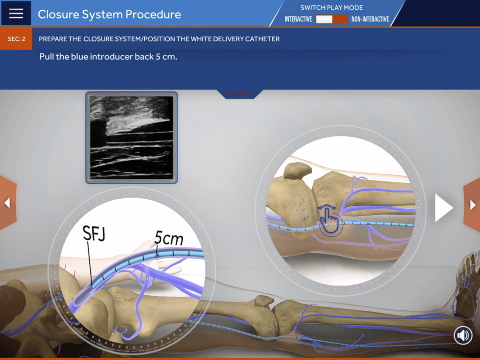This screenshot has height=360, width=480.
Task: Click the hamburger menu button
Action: click(16, 13)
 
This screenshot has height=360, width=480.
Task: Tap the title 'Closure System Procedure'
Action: click(109, 14)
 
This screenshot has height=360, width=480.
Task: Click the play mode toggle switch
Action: click(331, 19)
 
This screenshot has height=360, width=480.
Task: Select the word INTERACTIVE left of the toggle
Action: click(298, 19)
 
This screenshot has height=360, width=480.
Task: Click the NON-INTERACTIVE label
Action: click(370, 19)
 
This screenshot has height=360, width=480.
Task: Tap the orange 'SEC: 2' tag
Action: click(16, 39)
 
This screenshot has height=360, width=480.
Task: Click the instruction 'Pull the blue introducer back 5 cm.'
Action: click(108, 58)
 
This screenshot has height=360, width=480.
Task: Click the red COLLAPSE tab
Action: click(240, 94)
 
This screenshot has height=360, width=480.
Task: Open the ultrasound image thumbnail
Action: click(132, 137)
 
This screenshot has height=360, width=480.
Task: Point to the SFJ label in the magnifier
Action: click(93, 233)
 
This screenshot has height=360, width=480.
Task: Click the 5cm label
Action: click(169, 239)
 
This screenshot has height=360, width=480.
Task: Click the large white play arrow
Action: click(443, 208)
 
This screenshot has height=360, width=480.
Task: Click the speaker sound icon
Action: click(463, 335)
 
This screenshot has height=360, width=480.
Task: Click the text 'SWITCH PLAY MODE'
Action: click(331, 7)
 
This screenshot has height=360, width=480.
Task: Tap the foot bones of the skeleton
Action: click(466, 281)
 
